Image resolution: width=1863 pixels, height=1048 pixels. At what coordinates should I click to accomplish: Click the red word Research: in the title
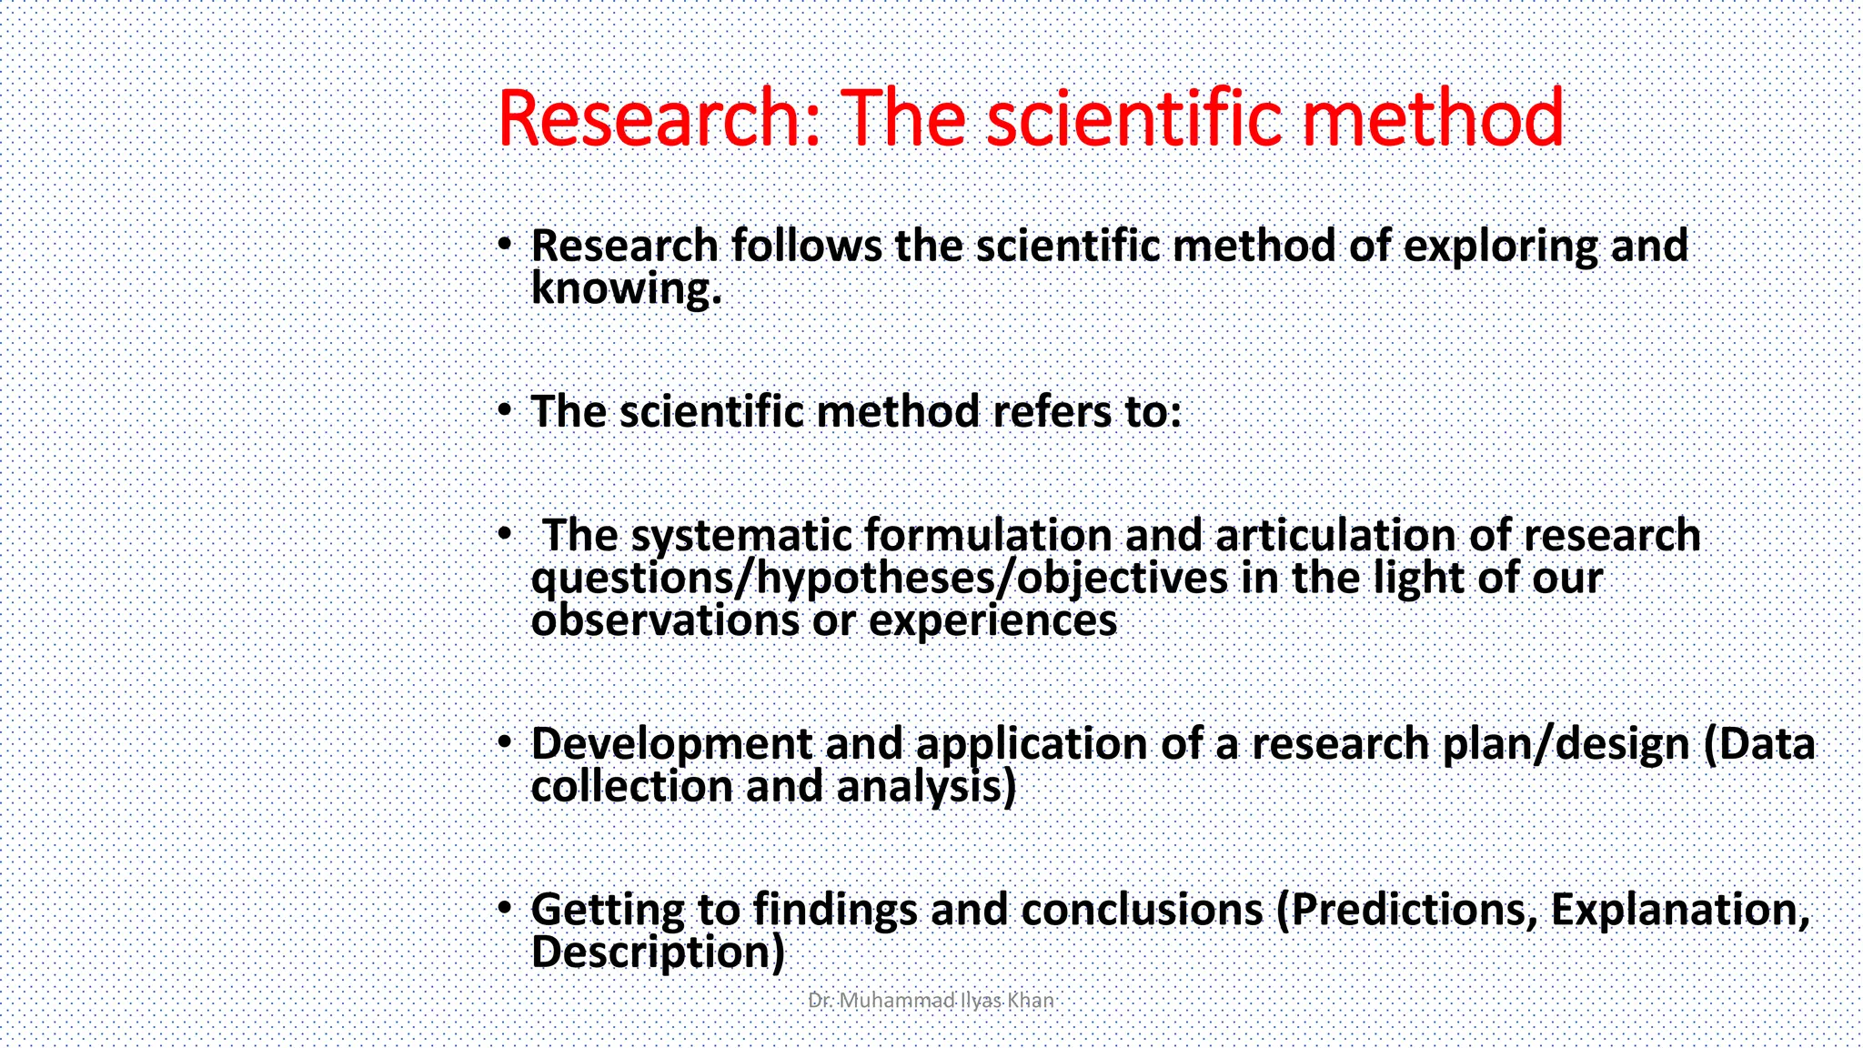(661, 118)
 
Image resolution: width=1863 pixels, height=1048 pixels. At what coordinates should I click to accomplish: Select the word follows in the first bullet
(806, 246)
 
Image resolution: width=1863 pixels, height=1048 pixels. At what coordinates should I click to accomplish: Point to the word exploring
(1500, 247)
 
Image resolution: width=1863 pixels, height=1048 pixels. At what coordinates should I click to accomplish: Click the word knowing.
(626, 289)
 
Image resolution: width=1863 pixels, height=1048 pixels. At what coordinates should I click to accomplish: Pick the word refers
(1052, 412)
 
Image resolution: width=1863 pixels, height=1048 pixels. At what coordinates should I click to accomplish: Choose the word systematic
(740, 536)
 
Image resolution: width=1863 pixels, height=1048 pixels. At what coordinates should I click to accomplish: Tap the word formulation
(988, 535)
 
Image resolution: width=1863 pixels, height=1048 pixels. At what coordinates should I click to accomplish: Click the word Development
(670, 745)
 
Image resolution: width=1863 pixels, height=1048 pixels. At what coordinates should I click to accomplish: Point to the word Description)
(657, 953)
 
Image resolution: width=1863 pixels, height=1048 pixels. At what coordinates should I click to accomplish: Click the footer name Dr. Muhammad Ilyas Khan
(931, 1001)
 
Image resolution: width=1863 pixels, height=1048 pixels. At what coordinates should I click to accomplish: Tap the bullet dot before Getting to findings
(505, 907)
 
